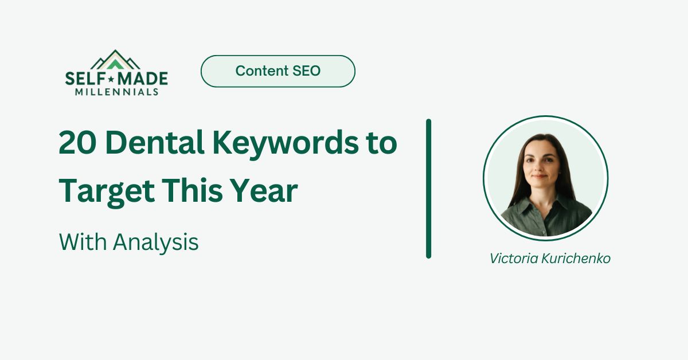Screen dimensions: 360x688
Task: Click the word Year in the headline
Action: click(269, 191)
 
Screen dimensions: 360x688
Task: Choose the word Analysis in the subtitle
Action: click(155, 242)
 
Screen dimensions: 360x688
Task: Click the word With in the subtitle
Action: click(83, 242)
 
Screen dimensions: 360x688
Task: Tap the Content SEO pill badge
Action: click(277, 71)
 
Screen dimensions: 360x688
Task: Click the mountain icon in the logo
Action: click(116, 60)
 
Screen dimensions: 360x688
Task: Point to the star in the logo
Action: click(114, 78)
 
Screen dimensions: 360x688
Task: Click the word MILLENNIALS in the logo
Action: click(116, 91)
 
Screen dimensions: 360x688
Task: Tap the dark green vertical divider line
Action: click(428, 189)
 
